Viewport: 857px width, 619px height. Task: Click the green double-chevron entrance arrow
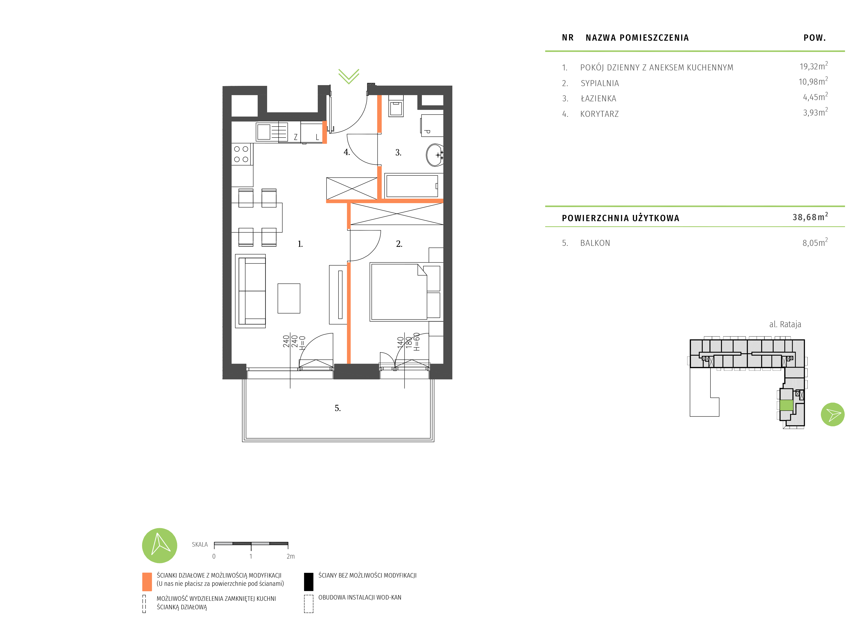[348, 76]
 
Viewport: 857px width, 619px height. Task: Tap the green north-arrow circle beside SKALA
[160, 545]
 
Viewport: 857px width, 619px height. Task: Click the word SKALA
[199, 545]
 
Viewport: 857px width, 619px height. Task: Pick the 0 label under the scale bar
[214, 556]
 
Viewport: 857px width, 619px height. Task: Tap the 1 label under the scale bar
[251, 556]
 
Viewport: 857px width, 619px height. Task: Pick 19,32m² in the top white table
[813, 66]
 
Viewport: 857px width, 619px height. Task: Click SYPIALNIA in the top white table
[600, 83]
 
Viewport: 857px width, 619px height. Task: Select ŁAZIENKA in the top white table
[598, 99]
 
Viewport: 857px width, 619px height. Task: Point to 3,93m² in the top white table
[815, 113]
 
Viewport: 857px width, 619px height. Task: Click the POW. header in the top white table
[814, 38]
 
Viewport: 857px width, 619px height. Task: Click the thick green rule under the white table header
[694, 51]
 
